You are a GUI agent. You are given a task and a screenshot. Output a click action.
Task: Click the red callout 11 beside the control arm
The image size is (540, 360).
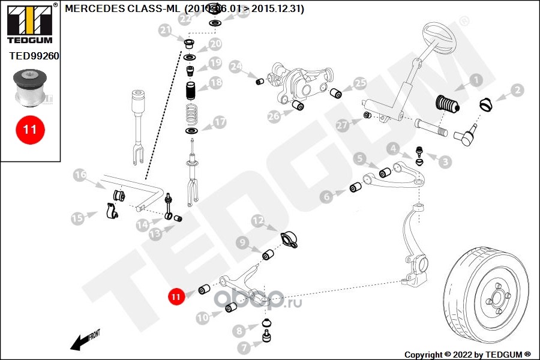pyautogui.click(x=175, y=296)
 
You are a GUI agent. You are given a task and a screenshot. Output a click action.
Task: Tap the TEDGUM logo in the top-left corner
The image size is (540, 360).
pyautogui.click(x=29, y=23)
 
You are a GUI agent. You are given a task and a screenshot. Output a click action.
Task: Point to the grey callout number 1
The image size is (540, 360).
pyautogui.click(x=475, y=80)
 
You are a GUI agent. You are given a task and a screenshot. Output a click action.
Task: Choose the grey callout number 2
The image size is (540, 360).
pyautogui.click(x=517, y=91)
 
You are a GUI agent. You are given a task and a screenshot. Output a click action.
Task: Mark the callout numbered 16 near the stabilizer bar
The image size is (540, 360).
pyautogui.click(x=80, y=175)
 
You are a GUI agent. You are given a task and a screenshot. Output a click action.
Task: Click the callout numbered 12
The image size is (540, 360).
pyautogui.click(x=257, y=221)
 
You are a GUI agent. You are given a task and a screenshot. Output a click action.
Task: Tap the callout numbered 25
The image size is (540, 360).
pyautogui.click(x=359, y=83)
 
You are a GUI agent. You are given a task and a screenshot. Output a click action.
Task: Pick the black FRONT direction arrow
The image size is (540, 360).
pyautogui.click(x=82, y=341)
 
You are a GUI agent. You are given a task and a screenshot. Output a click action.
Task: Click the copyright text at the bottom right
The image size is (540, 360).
pyautogui.click(x=467, y=354)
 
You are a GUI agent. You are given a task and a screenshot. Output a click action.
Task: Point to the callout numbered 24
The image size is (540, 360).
pyautogui.click(x=235, y=66)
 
